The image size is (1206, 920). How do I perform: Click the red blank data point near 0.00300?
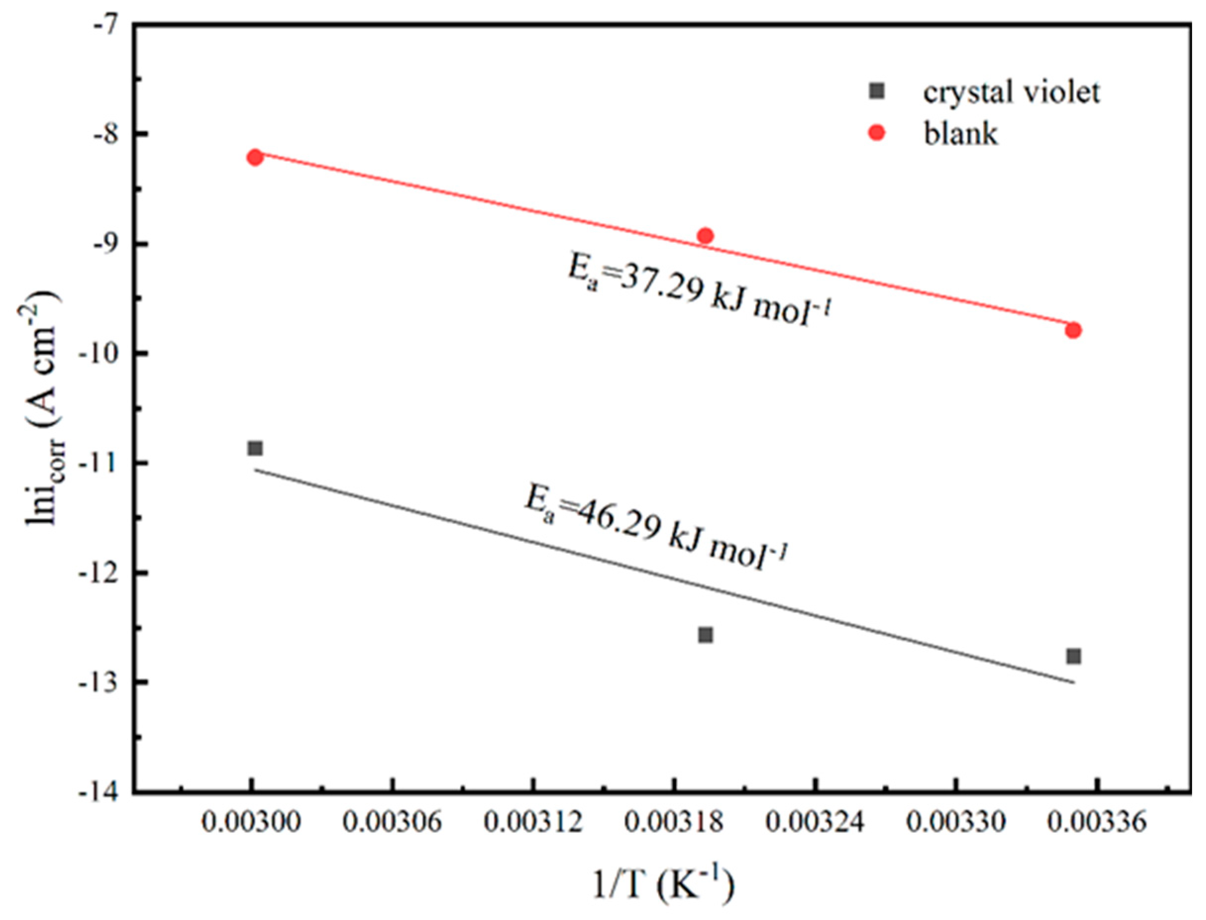point(255,157)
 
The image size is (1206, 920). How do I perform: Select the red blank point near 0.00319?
point(706,236)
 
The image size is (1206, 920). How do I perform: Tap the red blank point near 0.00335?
point(1073,330)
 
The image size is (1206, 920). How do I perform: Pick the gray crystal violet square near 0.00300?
point(255,448)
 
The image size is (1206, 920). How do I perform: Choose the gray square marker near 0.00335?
point(1073,656)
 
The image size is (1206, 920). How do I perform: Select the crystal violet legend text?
point(1011,92)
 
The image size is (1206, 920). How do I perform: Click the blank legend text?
point(960,134)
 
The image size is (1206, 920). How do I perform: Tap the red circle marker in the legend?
point(877,133)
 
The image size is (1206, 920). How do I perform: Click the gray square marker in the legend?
point(877,91)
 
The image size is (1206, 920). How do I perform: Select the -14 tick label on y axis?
point(100,793)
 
